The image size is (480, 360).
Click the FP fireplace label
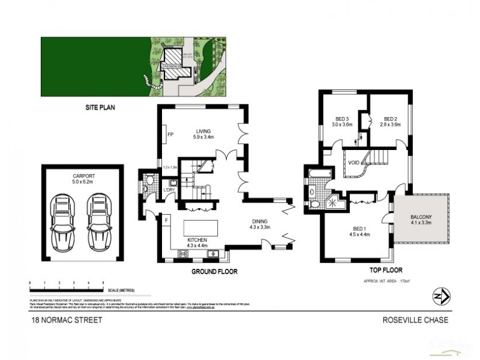(x=170, y=134)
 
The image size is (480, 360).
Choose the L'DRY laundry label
(x=169, y=190)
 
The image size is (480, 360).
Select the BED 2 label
(x=391, y=119)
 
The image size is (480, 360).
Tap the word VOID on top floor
(x=354, y=161)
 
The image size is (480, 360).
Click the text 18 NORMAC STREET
(x=67, y=320)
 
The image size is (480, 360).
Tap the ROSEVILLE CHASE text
(x=415, y=320)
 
